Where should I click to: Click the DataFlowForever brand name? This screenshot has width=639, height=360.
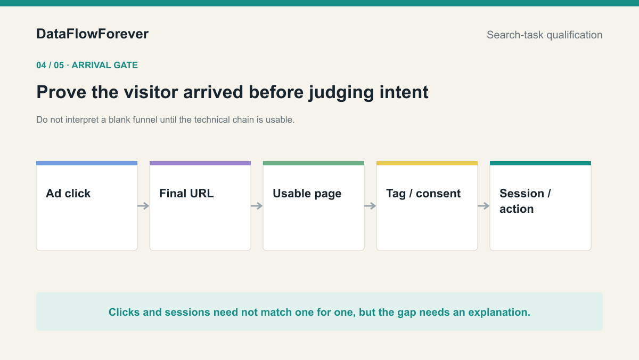[93, 34]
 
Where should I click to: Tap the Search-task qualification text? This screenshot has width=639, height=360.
[545, 35]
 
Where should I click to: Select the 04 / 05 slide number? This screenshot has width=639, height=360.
[50, 66]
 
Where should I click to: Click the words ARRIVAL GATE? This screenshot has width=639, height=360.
[104, 66]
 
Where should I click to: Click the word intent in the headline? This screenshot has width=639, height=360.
[404, 92]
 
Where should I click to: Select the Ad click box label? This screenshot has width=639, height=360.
[68, 194]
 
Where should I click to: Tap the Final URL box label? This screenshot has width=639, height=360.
[186, 194]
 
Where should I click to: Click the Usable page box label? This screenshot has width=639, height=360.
[307, 194]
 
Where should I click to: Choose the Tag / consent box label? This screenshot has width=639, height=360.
[423, 194]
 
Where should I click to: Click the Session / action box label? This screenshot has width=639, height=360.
[525, 201]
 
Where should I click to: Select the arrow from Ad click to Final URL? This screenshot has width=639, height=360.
[143, 206]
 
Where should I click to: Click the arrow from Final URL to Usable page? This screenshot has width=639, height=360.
[257, 206]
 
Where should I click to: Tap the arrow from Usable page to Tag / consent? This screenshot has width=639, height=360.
[370, 206]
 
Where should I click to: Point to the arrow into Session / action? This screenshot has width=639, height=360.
[484, 206]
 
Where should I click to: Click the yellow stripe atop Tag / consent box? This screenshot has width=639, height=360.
[427, 163]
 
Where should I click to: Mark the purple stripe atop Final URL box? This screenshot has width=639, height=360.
[200, 163]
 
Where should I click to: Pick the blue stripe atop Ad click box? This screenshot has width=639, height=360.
[87, 163]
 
